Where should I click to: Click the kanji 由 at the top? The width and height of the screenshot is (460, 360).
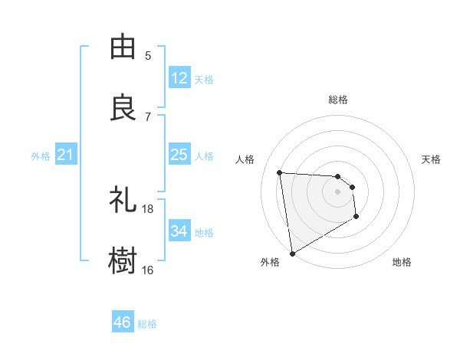tap(123, 47)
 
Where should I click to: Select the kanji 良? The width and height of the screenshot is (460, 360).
tap(123, 107)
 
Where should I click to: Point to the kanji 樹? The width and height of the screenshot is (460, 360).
tap(123, 260)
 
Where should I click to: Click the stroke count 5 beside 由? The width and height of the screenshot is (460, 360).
tap(148, 55)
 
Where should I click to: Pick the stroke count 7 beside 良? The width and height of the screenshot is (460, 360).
tap(148, 116)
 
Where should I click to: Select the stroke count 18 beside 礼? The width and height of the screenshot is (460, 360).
tap(148, 208)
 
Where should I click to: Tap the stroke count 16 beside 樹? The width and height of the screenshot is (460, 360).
tap(148, 270)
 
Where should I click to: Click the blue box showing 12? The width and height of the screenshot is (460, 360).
tap(179, 78)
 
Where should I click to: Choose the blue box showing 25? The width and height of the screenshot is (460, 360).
tap(179, 155)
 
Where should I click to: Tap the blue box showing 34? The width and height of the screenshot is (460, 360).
tap(179, 231)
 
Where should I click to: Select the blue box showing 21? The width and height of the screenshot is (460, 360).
tap(66, 155)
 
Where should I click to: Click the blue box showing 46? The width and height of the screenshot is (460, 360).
tap(123, 322)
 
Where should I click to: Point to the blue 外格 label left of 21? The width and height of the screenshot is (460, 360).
tap(41, 156)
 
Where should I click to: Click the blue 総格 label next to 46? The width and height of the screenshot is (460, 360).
tap(147, 324)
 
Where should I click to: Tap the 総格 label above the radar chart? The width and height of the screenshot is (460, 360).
tap(338, 100)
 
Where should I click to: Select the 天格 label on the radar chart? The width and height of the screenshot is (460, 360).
tap(431, 159)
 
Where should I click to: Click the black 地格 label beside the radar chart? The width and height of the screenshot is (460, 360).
tap(402, 262)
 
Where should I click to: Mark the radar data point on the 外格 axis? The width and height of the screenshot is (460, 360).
tap(291, 252)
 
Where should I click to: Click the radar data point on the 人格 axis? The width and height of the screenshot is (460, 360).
tap(280, 172)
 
